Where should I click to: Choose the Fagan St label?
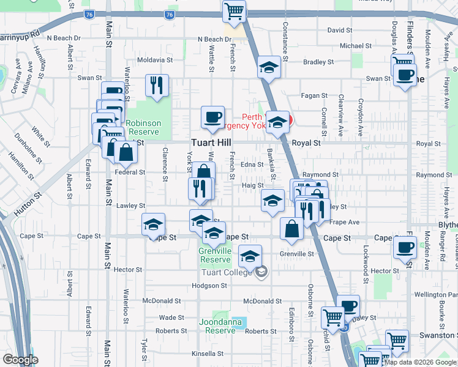(313, 95)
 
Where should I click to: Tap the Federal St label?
(130, 172)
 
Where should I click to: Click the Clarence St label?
(165, 165)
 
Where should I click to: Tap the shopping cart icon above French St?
(235, 11)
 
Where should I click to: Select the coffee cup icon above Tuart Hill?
(213, 117)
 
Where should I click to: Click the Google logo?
(20, 360)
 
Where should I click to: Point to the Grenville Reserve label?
(215, 255)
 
